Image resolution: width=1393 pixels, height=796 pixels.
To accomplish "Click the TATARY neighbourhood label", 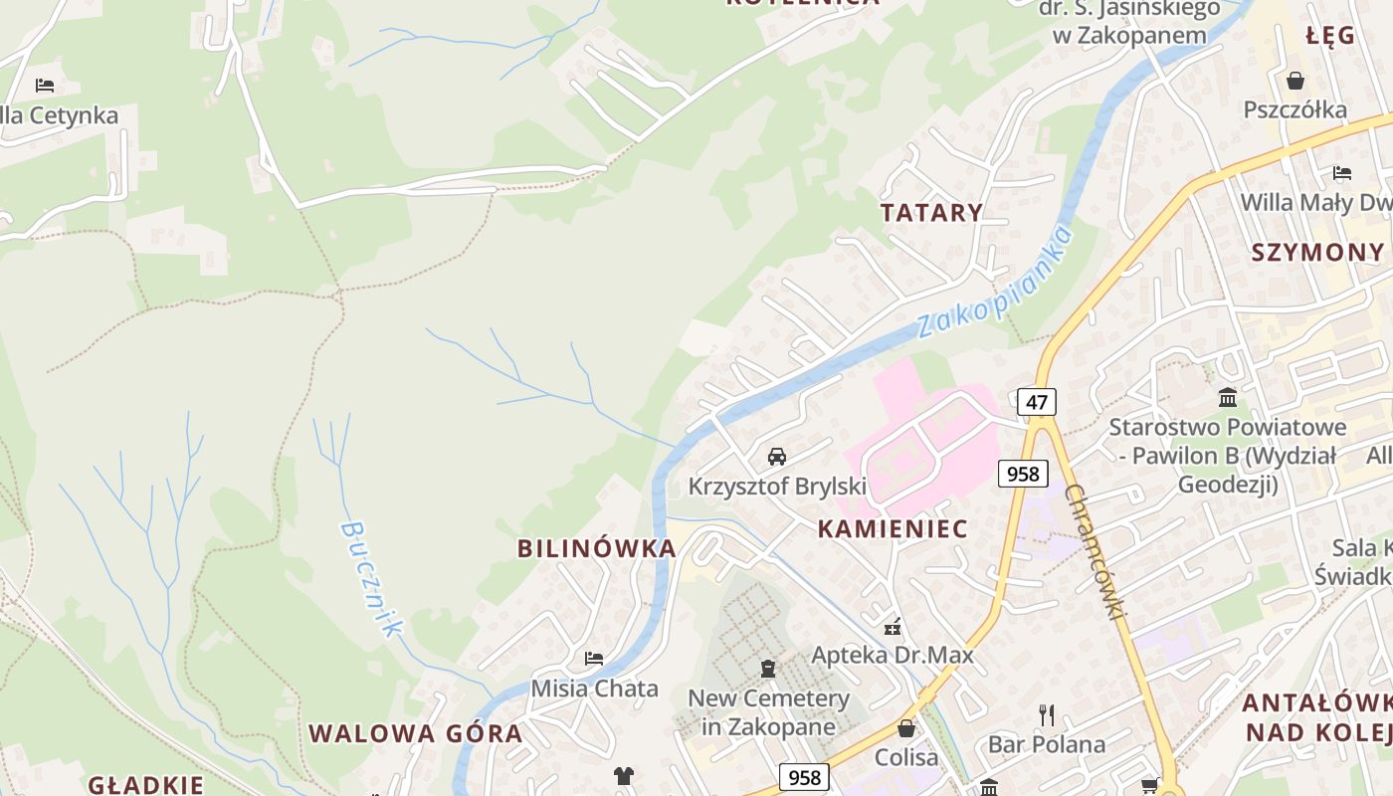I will point(931,212).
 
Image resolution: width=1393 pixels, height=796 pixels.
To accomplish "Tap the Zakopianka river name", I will point(995,282).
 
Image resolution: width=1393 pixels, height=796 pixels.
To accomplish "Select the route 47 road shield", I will point(1036,402).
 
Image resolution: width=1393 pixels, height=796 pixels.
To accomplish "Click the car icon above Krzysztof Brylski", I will point(777,457).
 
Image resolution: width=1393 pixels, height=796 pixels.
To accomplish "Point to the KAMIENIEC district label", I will point(893,529).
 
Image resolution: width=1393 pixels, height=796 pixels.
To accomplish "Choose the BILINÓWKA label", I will point(596,548).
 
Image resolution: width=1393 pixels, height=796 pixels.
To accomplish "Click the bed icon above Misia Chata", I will point(594,659).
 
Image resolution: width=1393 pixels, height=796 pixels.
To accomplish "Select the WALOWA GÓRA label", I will point(415,734).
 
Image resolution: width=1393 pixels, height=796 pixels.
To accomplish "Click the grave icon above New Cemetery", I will point(767,668).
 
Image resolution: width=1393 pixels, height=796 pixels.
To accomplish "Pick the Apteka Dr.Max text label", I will point(893,656).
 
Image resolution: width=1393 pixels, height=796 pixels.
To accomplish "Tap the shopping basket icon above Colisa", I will point(905,728).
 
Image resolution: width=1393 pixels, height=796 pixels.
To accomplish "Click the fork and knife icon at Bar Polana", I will point(1046,714).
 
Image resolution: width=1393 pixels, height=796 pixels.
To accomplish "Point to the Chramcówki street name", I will point(1094,552).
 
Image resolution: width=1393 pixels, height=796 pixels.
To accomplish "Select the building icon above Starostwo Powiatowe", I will point(1228,398).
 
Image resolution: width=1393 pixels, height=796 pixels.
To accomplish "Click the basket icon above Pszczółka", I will point(1295,81).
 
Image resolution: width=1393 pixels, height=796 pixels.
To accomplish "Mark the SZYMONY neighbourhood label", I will point(1317,252).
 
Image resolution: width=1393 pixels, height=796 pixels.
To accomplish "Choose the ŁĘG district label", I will point(1330,36).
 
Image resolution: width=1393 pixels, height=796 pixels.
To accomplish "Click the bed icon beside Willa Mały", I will point(1342,173).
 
